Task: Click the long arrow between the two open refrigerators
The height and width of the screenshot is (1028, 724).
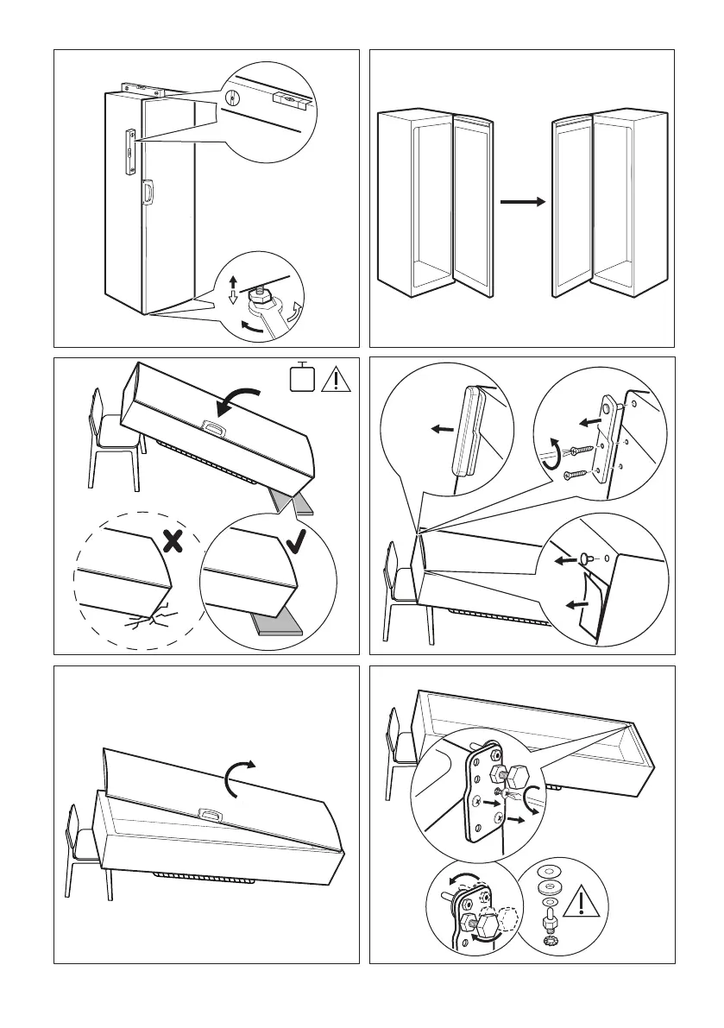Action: pos(522,202)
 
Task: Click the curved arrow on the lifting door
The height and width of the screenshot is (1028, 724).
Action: pos(238,779)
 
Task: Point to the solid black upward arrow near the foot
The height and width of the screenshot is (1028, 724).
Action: pos(231,282)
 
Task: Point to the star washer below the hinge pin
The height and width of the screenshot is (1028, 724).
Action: pos(546,932)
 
